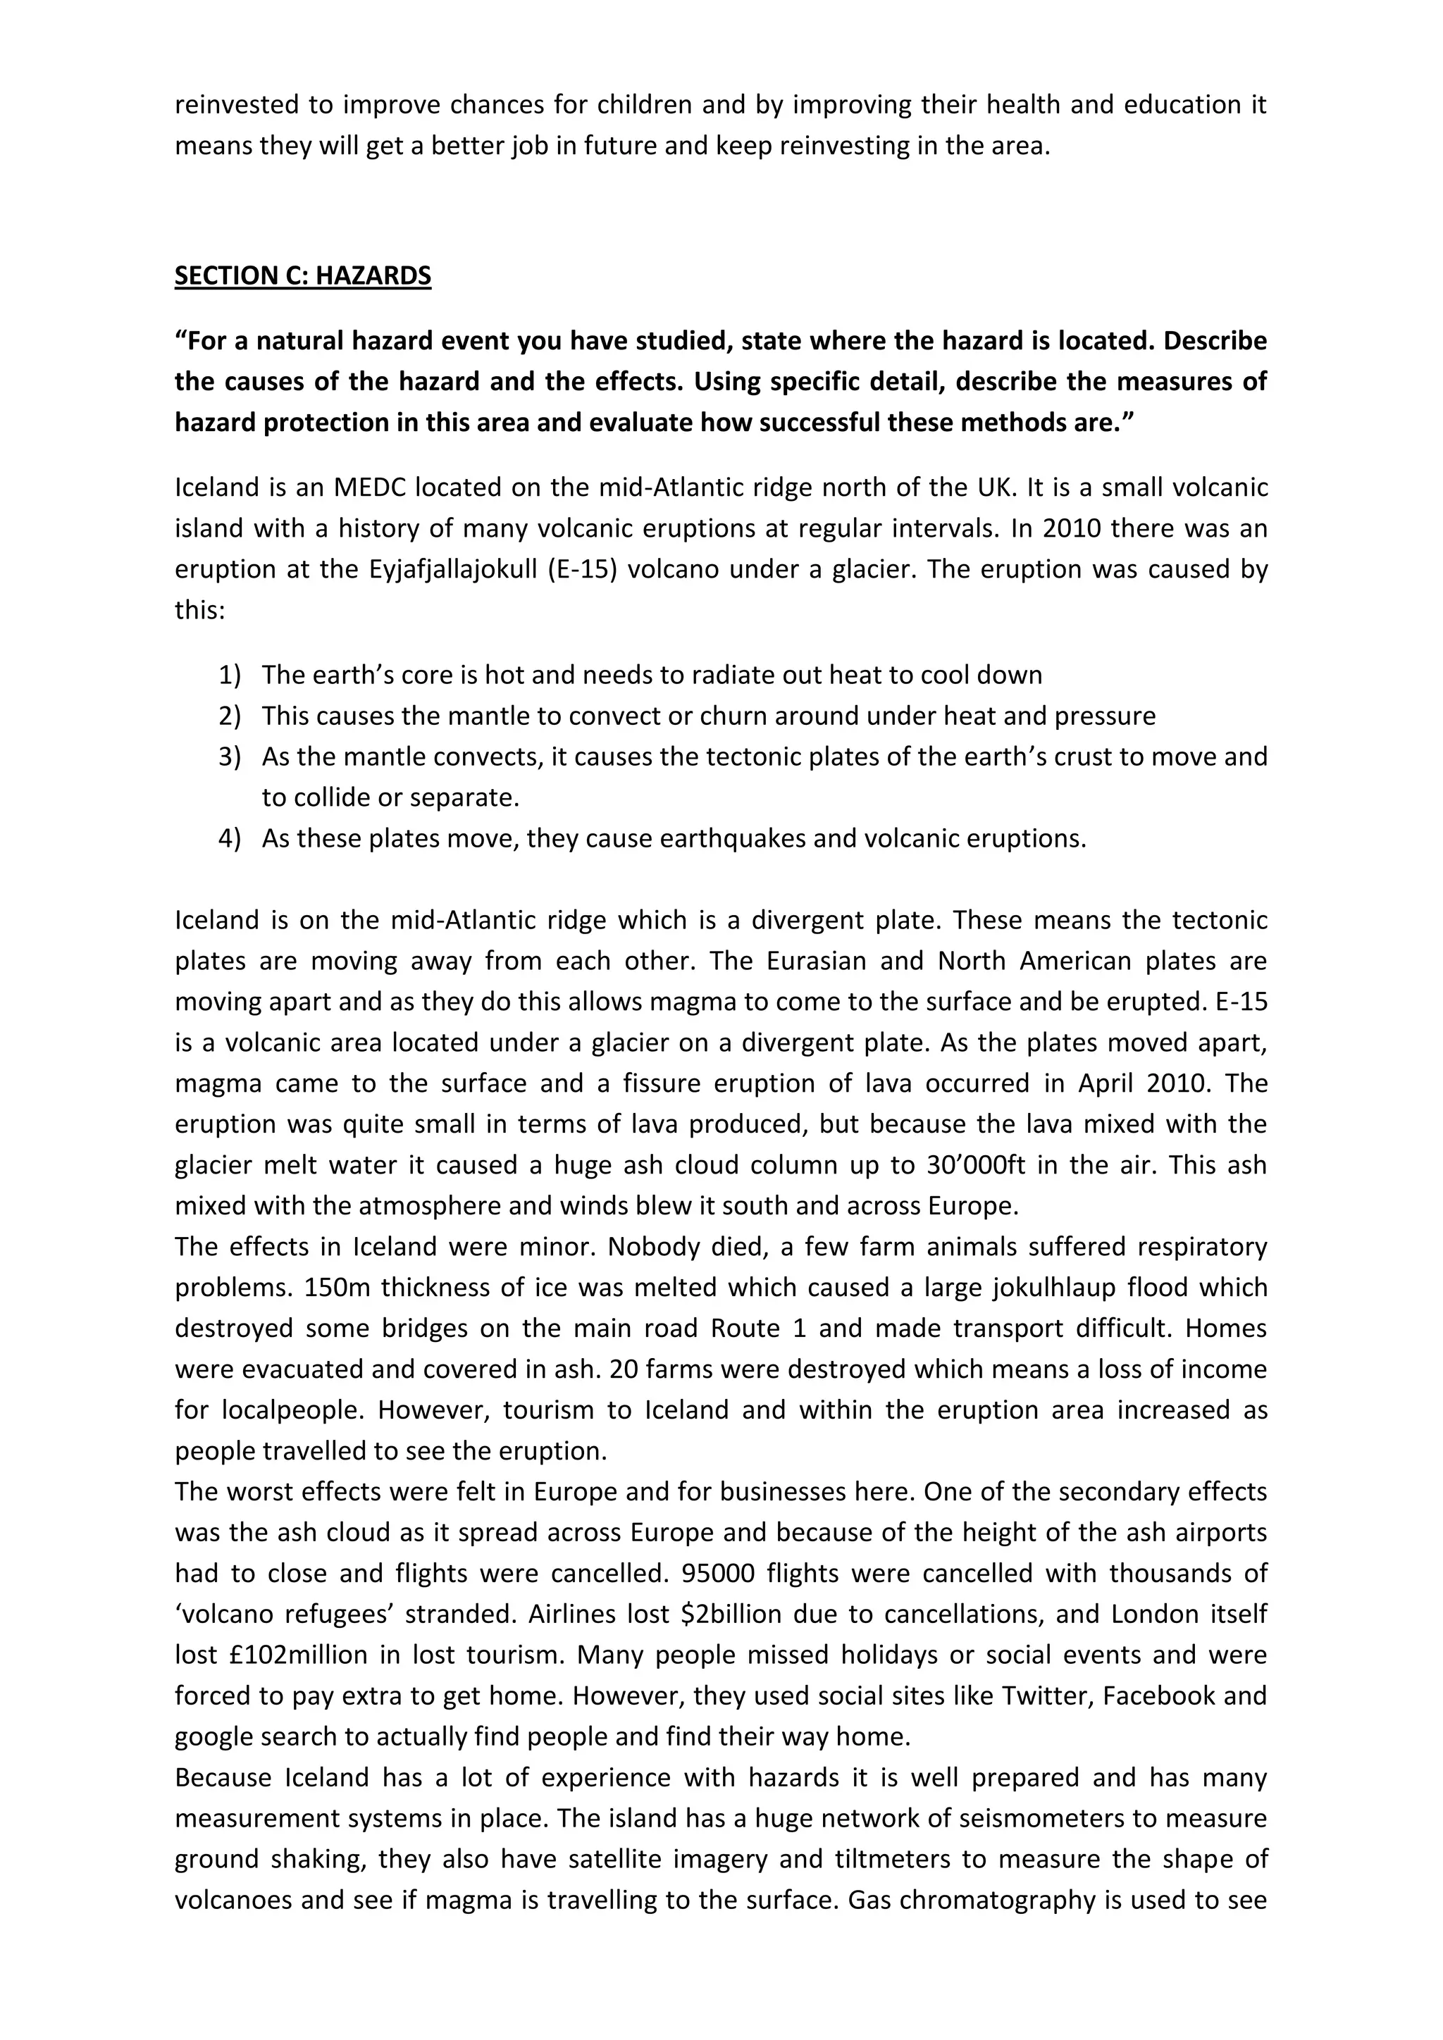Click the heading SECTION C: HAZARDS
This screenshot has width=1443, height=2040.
click(x=302, y=275)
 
